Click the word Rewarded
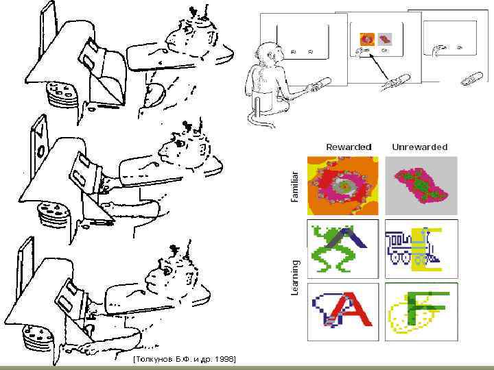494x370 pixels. tap(349, 147)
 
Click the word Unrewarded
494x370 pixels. tap(420, 147)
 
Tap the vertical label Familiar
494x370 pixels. tap(294, 186)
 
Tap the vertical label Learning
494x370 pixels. tap(294, 277)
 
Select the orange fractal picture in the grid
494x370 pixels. tap(343, 186)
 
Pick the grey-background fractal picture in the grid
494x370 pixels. tap(421, 186)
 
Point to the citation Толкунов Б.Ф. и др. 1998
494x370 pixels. tap(185, 359)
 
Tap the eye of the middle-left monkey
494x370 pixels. tap(180, 143)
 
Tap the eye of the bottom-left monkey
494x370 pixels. tap(168, 270)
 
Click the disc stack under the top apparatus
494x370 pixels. tap(62, 93)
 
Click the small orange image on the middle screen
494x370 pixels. tap(367, 39)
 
